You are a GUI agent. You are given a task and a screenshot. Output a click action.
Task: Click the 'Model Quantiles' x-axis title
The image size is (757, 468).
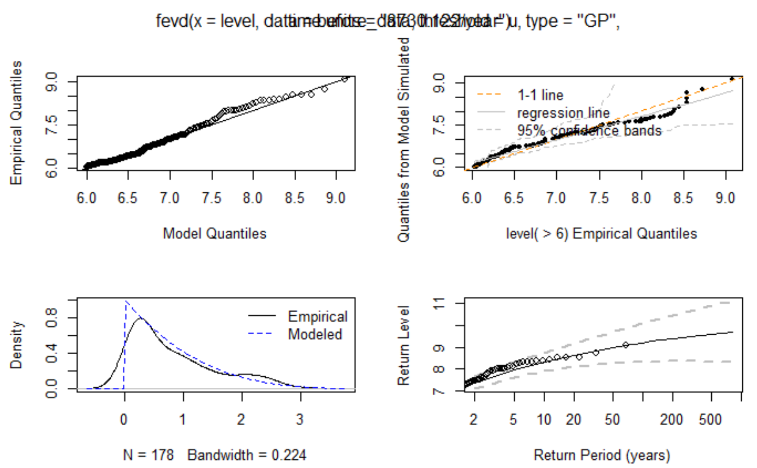click(215, 233)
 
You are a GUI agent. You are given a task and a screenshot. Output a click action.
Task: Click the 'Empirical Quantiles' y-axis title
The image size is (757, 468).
click(16, 123)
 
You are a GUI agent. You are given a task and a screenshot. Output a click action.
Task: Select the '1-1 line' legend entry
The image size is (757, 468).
click(540, 95)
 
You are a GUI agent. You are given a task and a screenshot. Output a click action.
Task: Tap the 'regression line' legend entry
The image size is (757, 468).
click(563, 113)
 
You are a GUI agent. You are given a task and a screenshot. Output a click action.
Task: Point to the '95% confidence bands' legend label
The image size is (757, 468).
click(589, 131)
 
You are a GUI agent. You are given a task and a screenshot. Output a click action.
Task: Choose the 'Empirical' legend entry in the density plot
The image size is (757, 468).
click(317, 316)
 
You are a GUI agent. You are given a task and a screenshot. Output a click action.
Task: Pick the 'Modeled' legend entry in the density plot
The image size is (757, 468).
click(315, 334)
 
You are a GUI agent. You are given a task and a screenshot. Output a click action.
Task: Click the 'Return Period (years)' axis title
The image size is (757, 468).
click(602, 455)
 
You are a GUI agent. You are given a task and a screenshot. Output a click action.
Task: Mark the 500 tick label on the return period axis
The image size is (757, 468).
click(710, 420)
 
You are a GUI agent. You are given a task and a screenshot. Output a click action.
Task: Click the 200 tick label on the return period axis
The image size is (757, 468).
click(671, 420)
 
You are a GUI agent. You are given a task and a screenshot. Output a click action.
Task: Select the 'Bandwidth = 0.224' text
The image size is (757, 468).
click(247, 455)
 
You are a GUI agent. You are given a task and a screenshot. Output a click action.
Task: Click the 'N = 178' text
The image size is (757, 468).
click(149, 455)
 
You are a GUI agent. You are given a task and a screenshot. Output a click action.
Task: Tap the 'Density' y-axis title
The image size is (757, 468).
click(16, 345)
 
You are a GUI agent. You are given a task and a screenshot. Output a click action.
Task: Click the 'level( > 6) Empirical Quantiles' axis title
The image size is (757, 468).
click(602, 234)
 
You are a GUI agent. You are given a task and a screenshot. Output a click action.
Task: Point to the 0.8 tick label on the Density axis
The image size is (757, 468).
click(51, 318)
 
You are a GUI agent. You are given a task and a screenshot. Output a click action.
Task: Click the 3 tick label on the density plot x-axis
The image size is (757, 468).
click(300, 420)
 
